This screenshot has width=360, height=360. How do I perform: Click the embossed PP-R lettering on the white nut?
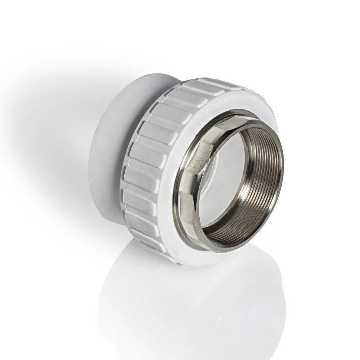pyautogui.click(x=200, y=120)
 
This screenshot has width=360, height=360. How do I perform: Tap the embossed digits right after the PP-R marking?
pyautogui.click(x=220, y=105)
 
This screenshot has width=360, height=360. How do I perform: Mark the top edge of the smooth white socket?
pyautogui.click(x=148, y=74)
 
